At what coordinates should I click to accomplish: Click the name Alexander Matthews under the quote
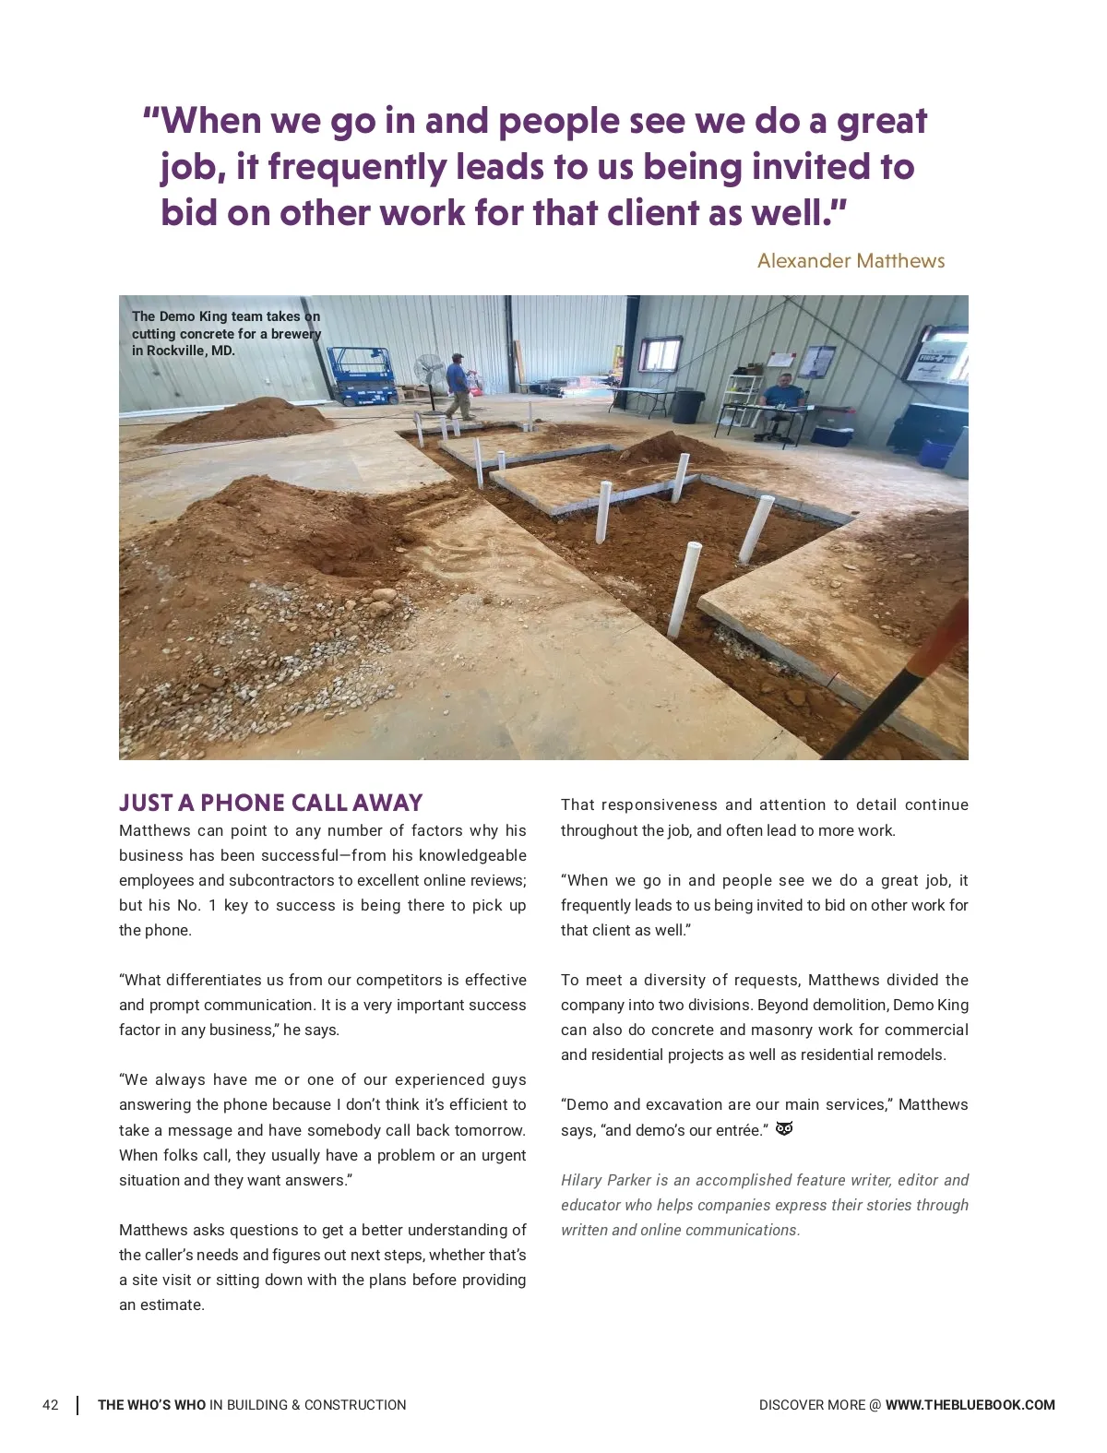[851, 261]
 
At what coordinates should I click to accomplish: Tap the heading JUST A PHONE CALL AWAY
[270, 803]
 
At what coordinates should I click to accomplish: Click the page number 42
[51, 1405]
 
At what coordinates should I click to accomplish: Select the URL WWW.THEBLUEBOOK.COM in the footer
[970, 1405]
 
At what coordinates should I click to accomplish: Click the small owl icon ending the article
[784, 1129]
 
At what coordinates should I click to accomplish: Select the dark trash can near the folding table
[686, 406]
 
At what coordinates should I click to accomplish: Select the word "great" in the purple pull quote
[881, 121]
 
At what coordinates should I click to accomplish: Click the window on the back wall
[661, 353]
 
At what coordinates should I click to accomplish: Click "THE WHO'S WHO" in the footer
[151, 1405]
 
